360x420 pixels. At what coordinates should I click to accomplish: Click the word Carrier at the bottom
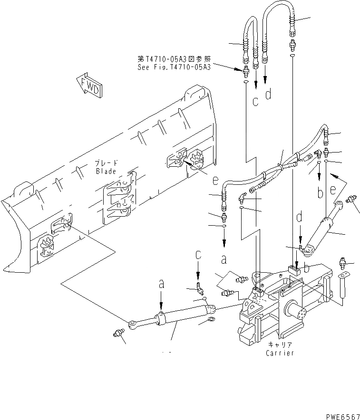[280, 353]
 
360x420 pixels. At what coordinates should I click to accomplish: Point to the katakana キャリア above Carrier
[280, 344]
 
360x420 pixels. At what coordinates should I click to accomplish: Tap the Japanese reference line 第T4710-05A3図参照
[174, 59]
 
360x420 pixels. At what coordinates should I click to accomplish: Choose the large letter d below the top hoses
[269, 94]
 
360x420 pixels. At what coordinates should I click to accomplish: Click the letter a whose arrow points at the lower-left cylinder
[161, 284]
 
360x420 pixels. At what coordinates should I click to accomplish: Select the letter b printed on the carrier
[307, 268]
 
